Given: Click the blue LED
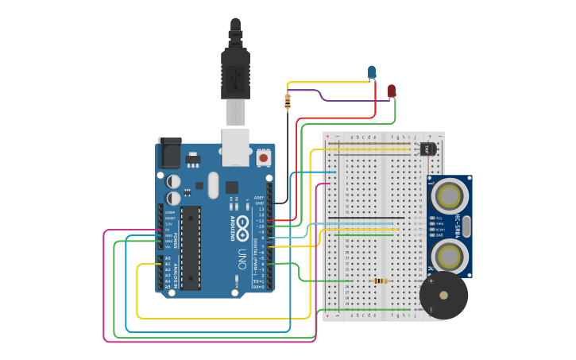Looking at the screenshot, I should click(372, 73).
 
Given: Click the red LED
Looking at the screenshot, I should click(391, 91).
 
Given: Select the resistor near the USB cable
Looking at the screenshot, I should click(288, 101).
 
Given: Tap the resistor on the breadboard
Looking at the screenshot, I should click(381, 281).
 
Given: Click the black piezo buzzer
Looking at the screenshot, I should click(443, 296).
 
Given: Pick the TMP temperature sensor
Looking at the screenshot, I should click(427, 148).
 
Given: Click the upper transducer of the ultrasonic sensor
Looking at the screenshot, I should click(449, 194).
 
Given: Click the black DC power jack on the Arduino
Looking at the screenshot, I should click(169, 152).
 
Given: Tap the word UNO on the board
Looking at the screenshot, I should click(242, 260).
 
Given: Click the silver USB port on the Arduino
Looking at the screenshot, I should click(236, 148).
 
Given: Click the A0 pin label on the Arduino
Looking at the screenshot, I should click(168, 258).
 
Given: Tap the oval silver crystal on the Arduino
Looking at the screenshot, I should click(212, 185).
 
